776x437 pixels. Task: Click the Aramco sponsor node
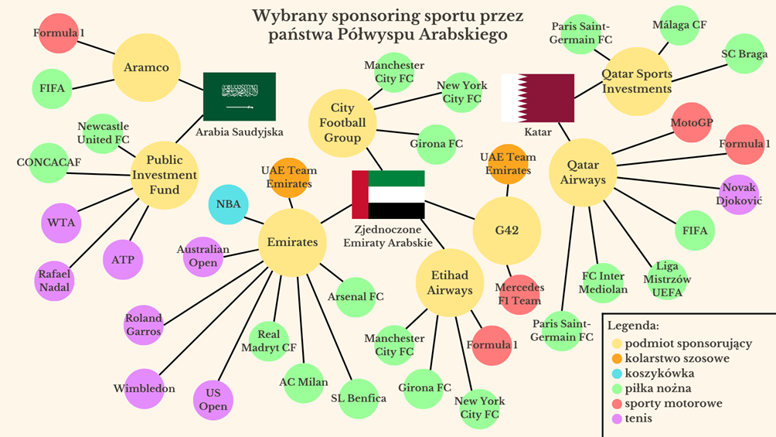(x=146, y=67)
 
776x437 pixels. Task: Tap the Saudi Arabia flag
(x=239, y=96)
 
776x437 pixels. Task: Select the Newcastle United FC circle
(x=103, y=133)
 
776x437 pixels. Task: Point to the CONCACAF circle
(x=49, y=162)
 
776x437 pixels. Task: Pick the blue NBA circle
(x=228, y=204)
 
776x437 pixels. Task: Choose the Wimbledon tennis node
(x=145, y=388)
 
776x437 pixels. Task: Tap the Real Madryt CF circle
(x=268, y=341)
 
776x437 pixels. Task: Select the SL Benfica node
(x=358, y=398)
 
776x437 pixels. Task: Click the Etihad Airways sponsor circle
(x=449, y=282)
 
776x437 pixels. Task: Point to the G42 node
(x=506, y=230)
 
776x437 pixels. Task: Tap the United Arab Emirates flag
(x=388, y=194)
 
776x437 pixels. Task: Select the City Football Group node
(x=342, y=123)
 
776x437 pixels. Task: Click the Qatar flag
(x=537, y=97)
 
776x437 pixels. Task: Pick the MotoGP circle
(x=692, y=122)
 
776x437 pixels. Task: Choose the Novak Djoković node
(x=740, y=193)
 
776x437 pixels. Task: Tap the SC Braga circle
(x=744, y=54)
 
